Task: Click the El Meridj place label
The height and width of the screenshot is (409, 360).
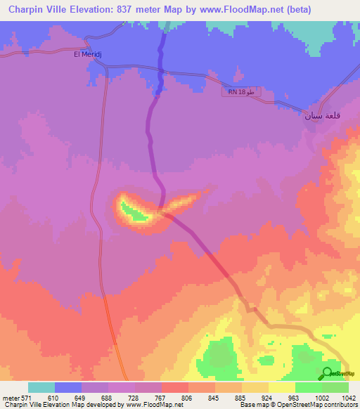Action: [87, 53]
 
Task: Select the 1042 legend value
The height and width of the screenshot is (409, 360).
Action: [347, 398]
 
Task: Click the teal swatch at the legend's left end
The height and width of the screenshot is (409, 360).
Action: [41, 387]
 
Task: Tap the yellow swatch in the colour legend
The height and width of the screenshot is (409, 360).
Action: [282, 387]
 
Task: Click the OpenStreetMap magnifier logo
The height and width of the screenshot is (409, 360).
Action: [328, 373]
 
